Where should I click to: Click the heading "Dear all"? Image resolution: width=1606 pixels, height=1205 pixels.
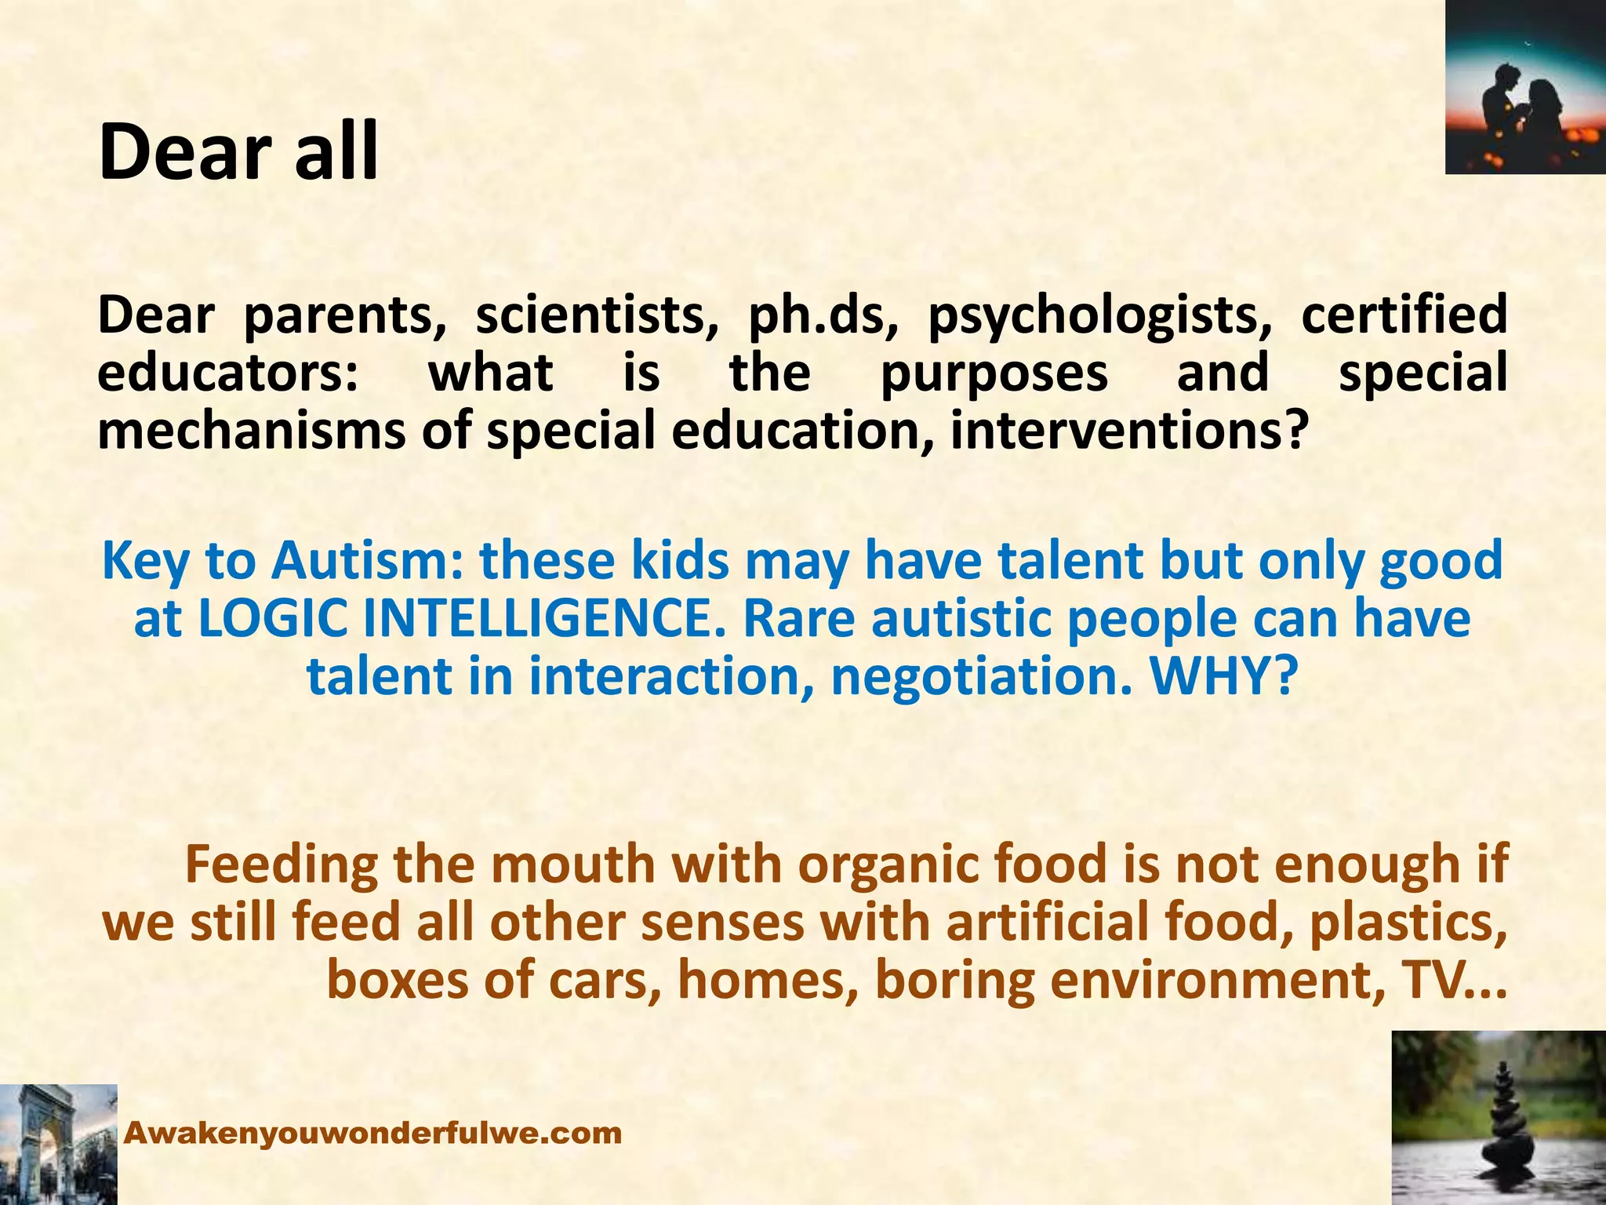pos(238,151)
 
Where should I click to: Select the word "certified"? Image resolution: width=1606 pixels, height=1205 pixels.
pos(1404,315)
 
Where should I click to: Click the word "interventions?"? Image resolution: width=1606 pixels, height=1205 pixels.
pos(1130,431)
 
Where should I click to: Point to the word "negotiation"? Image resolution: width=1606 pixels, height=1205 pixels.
pos(981,676)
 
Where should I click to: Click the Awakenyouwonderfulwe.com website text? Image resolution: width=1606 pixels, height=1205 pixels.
pos(373,1133)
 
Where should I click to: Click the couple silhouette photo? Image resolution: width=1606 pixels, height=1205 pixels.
pos(1525,87)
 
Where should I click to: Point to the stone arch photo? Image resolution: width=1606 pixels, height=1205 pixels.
pos(58,1145)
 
